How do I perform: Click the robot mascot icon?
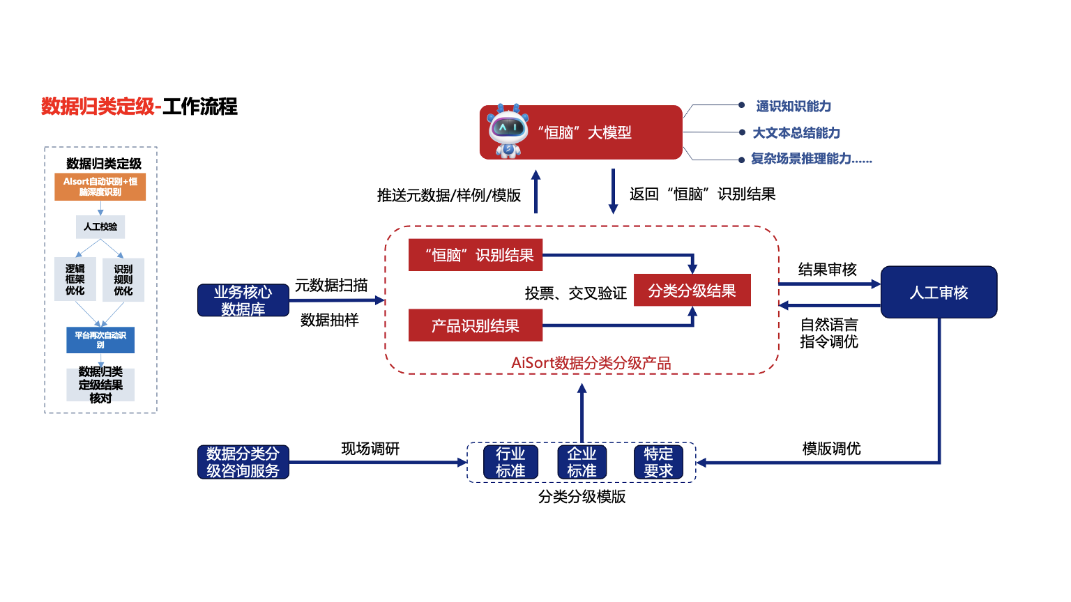point(508,131)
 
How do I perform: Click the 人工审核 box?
point(939,293)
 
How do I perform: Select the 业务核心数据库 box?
point(243,300)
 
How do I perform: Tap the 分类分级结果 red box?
point(692,291)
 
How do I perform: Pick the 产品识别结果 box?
point(475,325)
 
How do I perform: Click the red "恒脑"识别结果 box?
point(475,255)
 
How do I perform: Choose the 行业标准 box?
point(510,462)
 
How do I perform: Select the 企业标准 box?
point(582,462)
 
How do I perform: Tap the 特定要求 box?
point(658,462)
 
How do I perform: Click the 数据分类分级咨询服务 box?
point(243,462)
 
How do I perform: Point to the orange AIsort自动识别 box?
point(100,187)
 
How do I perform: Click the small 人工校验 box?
point(100,226)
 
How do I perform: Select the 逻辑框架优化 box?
point(75,279)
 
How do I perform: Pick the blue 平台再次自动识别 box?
point(100,340)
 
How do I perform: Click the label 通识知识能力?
point(793,107)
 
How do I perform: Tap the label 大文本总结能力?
point(796,133)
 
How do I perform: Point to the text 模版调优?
point(831,449)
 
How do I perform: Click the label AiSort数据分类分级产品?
point(591,363)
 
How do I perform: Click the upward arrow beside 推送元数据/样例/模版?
point(535,192)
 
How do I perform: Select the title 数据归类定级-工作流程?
point(139,107)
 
